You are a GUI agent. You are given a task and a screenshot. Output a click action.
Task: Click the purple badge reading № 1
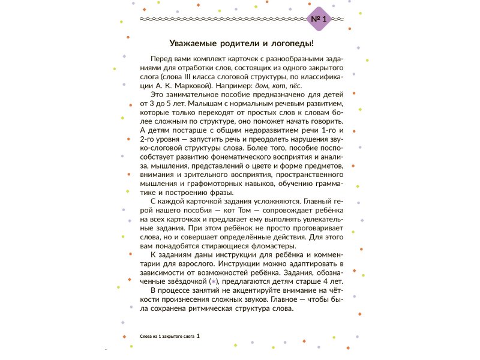pyautogui.click(x=318, y=19)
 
